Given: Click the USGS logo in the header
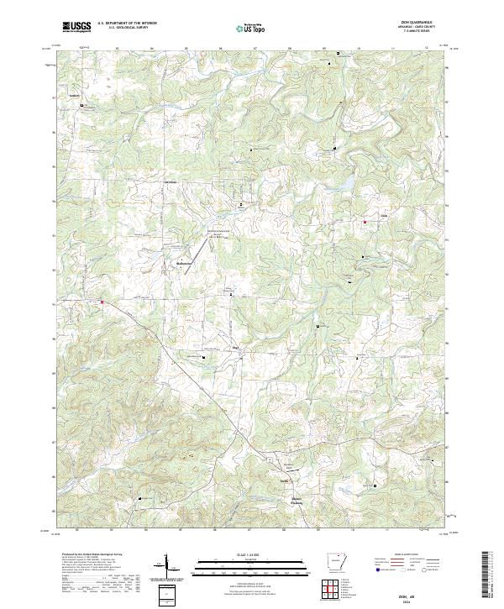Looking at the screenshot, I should pyautogui.click(x=77, y=27).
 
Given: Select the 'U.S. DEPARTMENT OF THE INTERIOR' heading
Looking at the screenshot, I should pyautogui.click(x=128, y=23).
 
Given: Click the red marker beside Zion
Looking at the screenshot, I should pyautogui.click(x=365, y=222).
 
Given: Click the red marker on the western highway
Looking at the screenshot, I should pyautogui.click(x=102, y=302).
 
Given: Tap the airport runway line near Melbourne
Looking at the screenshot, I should pyautogui.click(x=199, y=249).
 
